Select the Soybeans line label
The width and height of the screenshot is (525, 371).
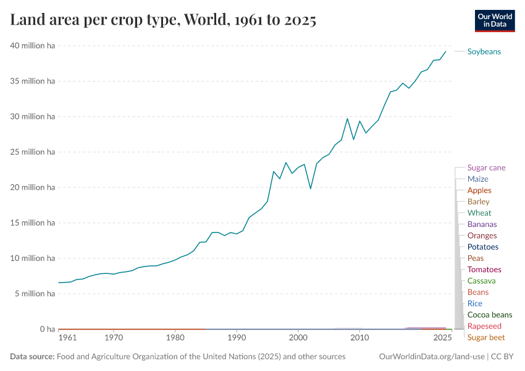pos(484,51)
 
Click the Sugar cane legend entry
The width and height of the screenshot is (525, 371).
pos(486,168)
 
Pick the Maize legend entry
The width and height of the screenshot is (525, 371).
pos(477,179)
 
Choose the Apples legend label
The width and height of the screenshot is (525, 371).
pos(479,190)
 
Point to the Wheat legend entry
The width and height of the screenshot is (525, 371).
pos(479,213)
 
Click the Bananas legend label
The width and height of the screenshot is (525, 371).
pos(482,224)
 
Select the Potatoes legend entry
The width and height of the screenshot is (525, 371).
pos(482,247)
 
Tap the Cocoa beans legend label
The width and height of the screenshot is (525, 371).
pos(489,315)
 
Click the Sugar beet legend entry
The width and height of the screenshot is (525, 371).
pos(485,338)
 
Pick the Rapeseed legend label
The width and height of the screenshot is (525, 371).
pos(484,326)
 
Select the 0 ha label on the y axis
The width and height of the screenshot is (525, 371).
pos(47,329)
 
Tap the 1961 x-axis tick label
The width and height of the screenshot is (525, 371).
pos(67,338)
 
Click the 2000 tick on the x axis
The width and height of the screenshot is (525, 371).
pos(298,338)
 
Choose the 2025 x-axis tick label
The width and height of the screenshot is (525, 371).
pos(442,338)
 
